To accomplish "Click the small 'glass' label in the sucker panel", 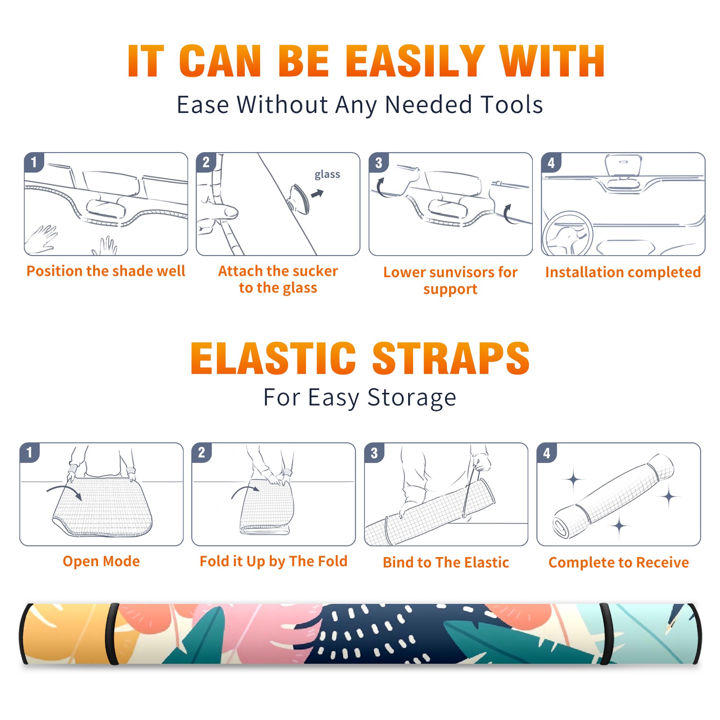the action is coord(327,175).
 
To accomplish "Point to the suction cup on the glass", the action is coord(299,198).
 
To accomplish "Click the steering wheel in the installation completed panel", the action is coord(567,234).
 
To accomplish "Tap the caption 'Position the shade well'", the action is coord(106,271).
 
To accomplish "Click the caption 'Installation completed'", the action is coord(623,272).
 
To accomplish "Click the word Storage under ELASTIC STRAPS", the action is coord(412,398).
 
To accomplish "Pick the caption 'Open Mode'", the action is coord(101,561).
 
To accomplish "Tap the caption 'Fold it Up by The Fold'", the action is coord(274,561).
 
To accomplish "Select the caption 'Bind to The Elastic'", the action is coord(446,562).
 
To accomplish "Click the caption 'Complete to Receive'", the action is coord(619,562).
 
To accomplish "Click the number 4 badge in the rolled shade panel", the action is coord(547,453).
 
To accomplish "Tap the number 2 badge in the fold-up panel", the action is coord(202,453).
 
